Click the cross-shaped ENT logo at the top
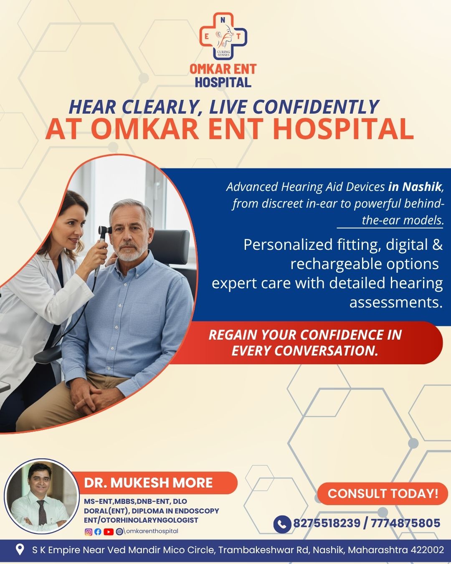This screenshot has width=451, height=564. coord(223,36)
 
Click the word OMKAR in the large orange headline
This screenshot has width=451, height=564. coord(145,130)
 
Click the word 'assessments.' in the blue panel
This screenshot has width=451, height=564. coord(396,302)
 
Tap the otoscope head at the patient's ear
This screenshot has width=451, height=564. coord(105,231)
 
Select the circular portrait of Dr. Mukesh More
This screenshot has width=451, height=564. coord(41,496)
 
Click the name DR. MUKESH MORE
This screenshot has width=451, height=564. coord(148,483)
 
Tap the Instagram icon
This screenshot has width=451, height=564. coord(89,532)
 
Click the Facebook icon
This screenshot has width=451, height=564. coord(98,532)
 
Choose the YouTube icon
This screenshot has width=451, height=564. coord(109,532)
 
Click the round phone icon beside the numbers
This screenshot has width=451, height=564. coord(282,524)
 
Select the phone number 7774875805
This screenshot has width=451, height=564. coord(405,523)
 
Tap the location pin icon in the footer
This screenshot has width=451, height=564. coord(20,549)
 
